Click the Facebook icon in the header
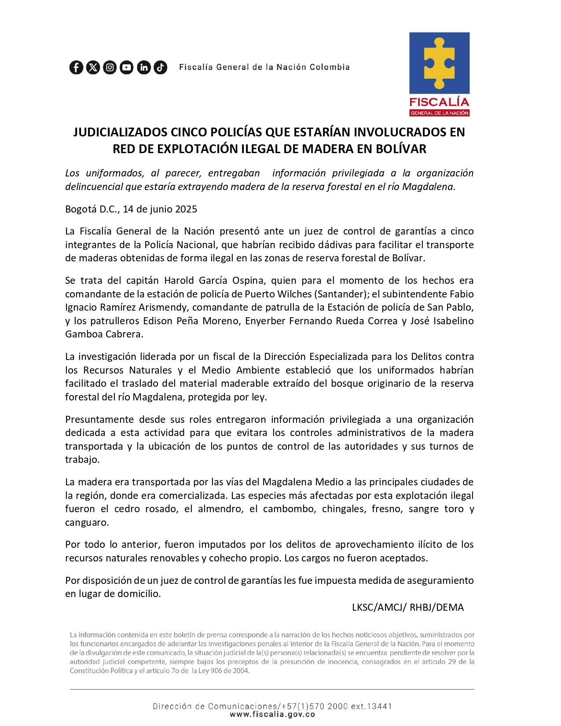[76, 67]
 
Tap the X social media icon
[93, 67]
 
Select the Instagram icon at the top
[110, 67]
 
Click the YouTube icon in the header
[127, 67]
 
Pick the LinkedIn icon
[144, 67]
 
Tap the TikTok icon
[161, 67]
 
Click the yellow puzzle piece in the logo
[439, 63]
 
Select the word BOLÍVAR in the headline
[400, 149]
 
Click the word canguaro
[86, 523]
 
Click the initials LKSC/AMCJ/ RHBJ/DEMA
[407, 607]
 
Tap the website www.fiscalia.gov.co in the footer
[272, 715]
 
